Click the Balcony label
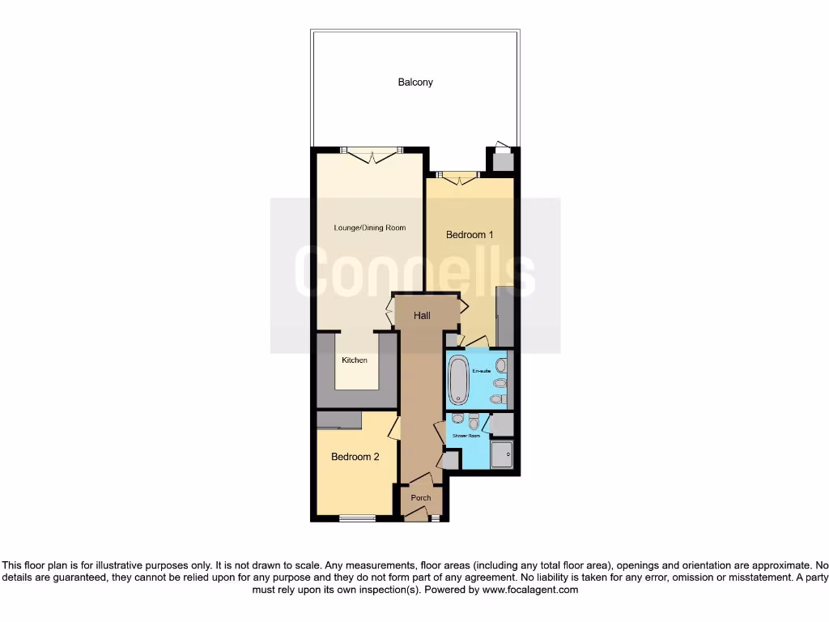coord(414,82)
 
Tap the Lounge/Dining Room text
coord(369,228)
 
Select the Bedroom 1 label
coord(470,235)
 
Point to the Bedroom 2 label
coord(355,457)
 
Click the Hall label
coord(422,316)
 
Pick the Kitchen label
coord(354,360)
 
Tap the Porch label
coord(421,497)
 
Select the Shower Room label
coord(466,436)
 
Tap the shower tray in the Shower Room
coord(502,454)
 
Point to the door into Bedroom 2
coord(394,427)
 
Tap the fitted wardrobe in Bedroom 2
coord(339,420)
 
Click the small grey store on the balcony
coord(503,161)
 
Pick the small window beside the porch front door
coord(435,518)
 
